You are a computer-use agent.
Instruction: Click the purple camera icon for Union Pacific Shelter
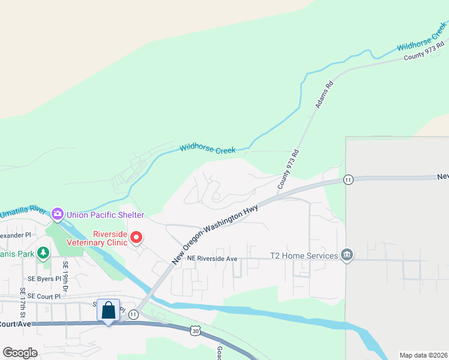pos(58,213)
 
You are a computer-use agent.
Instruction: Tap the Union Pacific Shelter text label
pos(105,215)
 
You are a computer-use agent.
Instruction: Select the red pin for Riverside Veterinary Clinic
pos(136,238)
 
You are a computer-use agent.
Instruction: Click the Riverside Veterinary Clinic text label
pos(110,238)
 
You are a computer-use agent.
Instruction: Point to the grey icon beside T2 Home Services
pos(346,256)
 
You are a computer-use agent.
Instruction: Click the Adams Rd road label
pos(324,95)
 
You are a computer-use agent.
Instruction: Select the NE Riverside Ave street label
pos(212,259)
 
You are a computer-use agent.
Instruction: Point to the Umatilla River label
pos(23,212)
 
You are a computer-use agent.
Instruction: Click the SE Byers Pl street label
pos(44,279)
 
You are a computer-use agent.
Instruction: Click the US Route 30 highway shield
pos(195,331)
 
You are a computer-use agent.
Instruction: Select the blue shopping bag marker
pos(108,311)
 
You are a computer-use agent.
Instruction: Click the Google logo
pos(21,353)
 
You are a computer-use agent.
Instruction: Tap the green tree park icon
pos(43,254)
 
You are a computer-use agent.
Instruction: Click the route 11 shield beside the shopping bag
pos(133,314)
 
